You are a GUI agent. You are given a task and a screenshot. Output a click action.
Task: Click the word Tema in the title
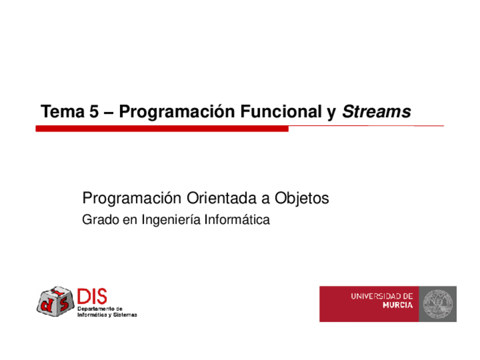tap(62, 111)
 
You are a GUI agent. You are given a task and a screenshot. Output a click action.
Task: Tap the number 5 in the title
tap(94, 111)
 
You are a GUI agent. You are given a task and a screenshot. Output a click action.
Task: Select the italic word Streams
tap(376, 112)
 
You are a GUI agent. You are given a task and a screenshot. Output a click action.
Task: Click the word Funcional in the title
tap(281, 111)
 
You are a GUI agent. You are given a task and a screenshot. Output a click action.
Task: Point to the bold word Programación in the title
tap(177, 112)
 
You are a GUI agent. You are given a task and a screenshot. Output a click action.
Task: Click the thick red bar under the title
tap(162, 129)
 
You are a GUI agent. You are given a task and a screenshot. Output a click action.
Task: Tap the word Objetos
tap(302, 198)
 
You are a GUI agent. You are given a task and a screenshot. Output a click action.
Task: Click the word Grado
tap(100, 220)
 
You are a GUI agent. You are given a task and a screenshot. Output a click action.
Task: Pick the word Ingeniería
tap(171, 220)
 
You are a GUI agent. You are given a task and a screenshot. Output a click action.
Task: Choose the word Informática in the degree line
tap(237, 220)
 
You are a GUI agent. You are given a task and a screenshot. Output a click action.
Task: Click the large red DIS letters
tap(92, 297)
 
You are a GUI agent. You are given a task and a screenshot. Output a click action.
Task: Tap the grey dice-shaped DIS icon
tap(55, 301)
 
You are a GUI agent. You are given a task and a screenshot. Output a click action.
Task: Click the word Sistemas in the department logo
tap(125, 315)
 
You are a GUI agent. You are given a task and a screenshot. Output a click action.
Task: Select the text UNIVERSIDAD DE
tap(382, 297)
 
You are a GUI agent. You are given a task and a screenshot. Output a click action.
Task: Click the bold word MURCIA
tap(398, 305)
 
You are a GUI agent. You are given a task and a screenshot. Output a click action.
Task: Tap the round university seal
tap(438, 304)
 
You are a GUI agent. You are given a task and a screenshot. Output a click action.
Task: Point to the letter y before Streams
tap(332, 114)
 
